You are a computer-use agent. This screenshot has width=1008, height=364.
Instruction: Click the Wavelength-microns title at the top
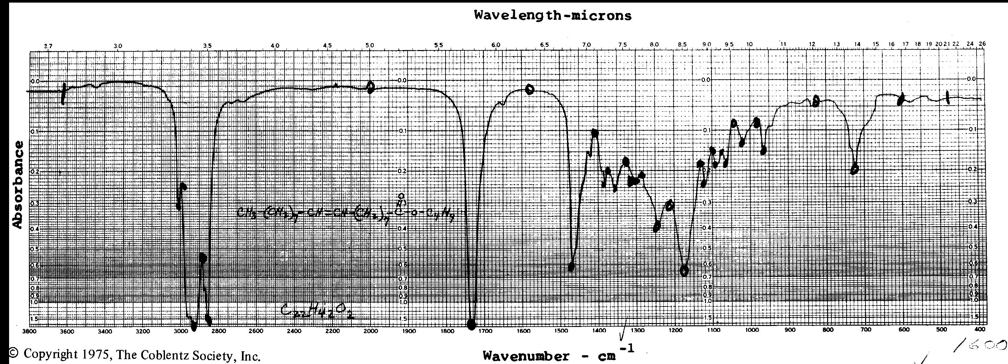coord(552,15)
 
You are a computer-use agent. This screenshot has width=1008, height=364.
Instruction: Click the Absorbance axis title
coord(17,184)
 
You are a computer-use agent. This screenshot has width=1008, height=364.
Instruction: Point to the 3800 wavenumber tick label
coord(30,331)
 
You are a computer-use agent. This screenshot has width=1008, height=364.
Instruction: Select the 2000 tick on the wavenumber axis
coord(371,331)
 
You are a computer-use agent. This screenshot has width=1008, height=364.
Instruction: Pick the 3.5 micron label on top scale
coord(208,46)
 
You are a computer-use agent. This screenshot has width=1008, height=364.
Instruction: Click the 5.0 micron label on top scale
coord(370,45)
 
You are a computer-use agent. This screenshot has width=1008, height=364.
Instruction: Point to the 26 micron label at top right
coord(982,44)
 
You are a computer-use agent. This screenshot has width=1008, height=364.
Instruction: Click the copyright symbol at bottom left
coord(13,354)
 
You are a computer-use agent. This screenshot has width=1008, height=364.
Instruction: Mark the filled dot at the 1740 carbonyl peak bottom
coord(472,324)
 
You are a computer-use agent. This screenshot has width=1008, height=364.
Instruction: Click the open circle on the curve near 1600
coord(529,90)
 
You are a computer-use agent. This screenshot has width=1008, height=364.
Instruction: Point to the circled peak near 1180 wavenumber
coord(684,270)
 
